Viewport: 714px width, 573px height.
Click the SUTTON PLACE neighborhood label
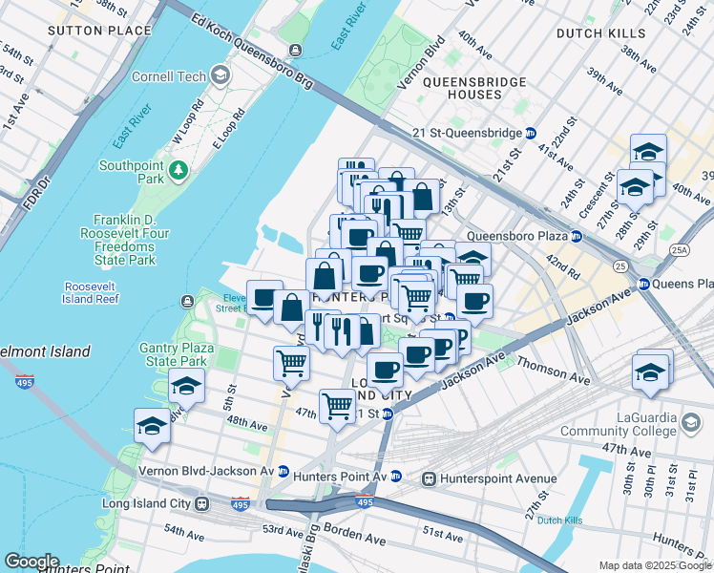tap(100, 31)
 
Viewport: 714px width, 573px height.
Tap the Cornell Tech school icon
tap(220, 74)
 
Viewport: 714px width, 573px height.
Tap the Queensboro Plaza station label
tap(516, 236)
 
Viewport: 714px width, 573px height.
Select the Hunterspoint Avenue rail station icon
tap(430, 477)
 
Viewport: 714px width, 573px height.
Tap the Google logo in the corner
tap(31, 562)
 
